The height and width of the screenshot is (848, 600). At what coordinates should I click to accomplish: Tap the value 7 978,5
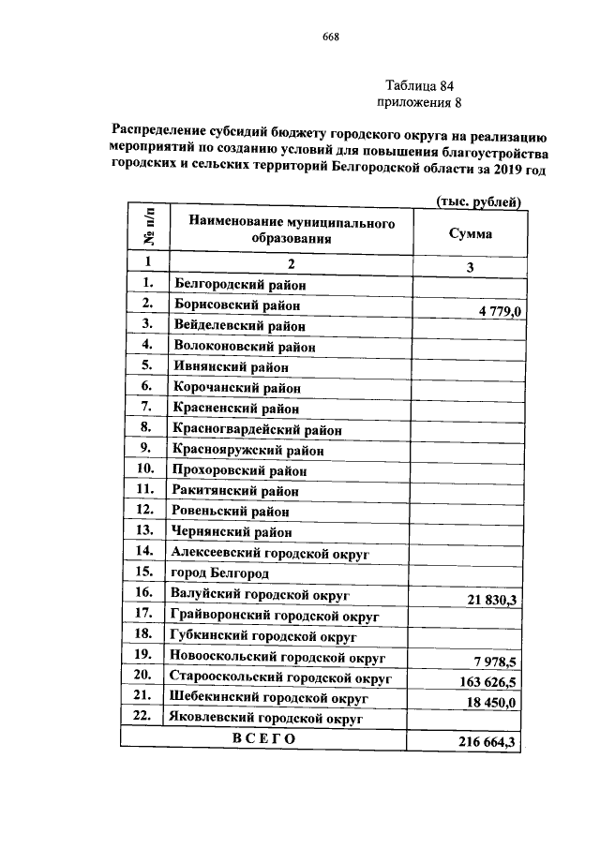click(496, 662)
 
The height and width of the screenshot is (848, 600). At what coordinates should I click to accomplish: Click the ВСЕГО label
click(263, 739)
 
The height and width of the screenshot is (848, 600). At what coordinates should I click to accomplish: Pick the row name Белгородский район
click(239, 283)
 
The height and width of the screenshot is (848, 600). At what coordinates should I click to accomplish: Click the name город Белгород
click(218, 573)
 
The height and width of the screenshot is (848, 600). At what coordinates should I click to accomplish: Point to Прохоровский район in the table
click(239, 470)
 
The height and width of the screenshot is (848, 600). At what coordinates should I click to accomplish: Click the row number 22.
click(143, 718)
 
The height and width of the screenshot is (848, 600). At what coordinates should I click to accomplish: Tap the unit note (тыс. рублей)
click(478, 201)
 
